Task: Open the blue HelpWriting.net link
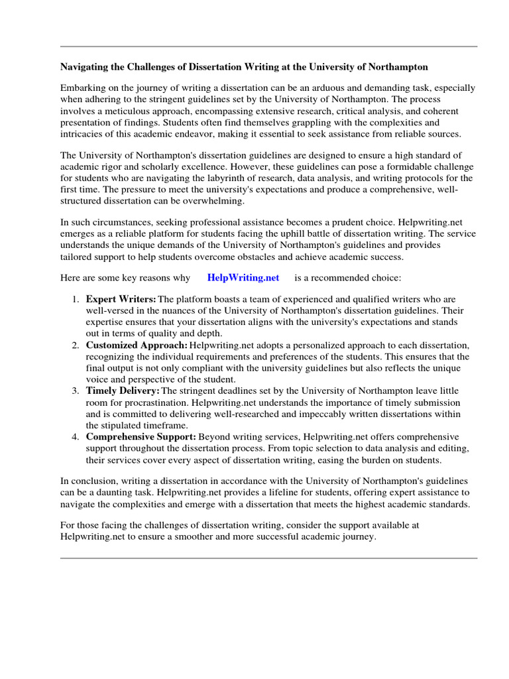pos(243,277)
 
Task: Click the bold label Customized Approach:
pos(137,345)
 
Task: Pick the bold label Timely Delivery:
pos(123,391)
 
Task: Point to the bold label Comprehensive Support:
pos(141,437)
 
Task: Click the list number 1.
pos(76,299)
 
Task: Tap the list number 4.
pos(76,437)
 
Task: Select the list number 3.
pos(76,391)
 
